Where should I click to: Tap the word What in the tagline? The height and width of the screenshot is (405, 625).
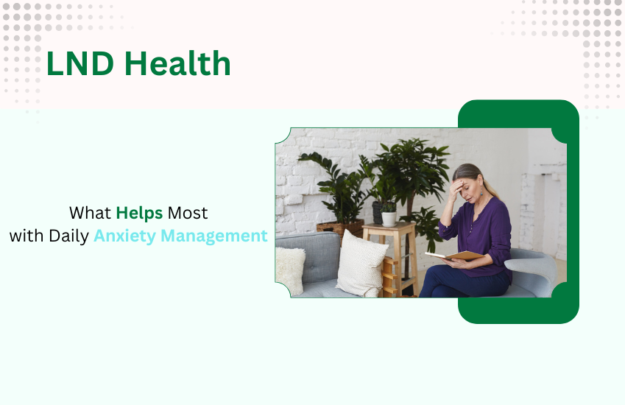[x=90, y=214]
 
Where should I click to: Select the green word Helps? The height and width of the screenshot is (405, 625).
[x=139, y=214]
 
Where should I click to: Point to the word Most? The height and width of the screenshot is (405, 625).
[x=188, y=214]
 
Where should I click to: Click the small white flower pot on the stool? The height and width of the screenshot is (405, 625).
[x=389, y=219]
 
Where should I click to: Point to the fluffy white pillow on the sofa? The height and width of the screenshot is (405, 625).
[x=290, y=269]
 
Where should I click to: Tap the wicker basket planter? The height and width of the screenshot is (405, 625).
[x=339, y=228]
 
